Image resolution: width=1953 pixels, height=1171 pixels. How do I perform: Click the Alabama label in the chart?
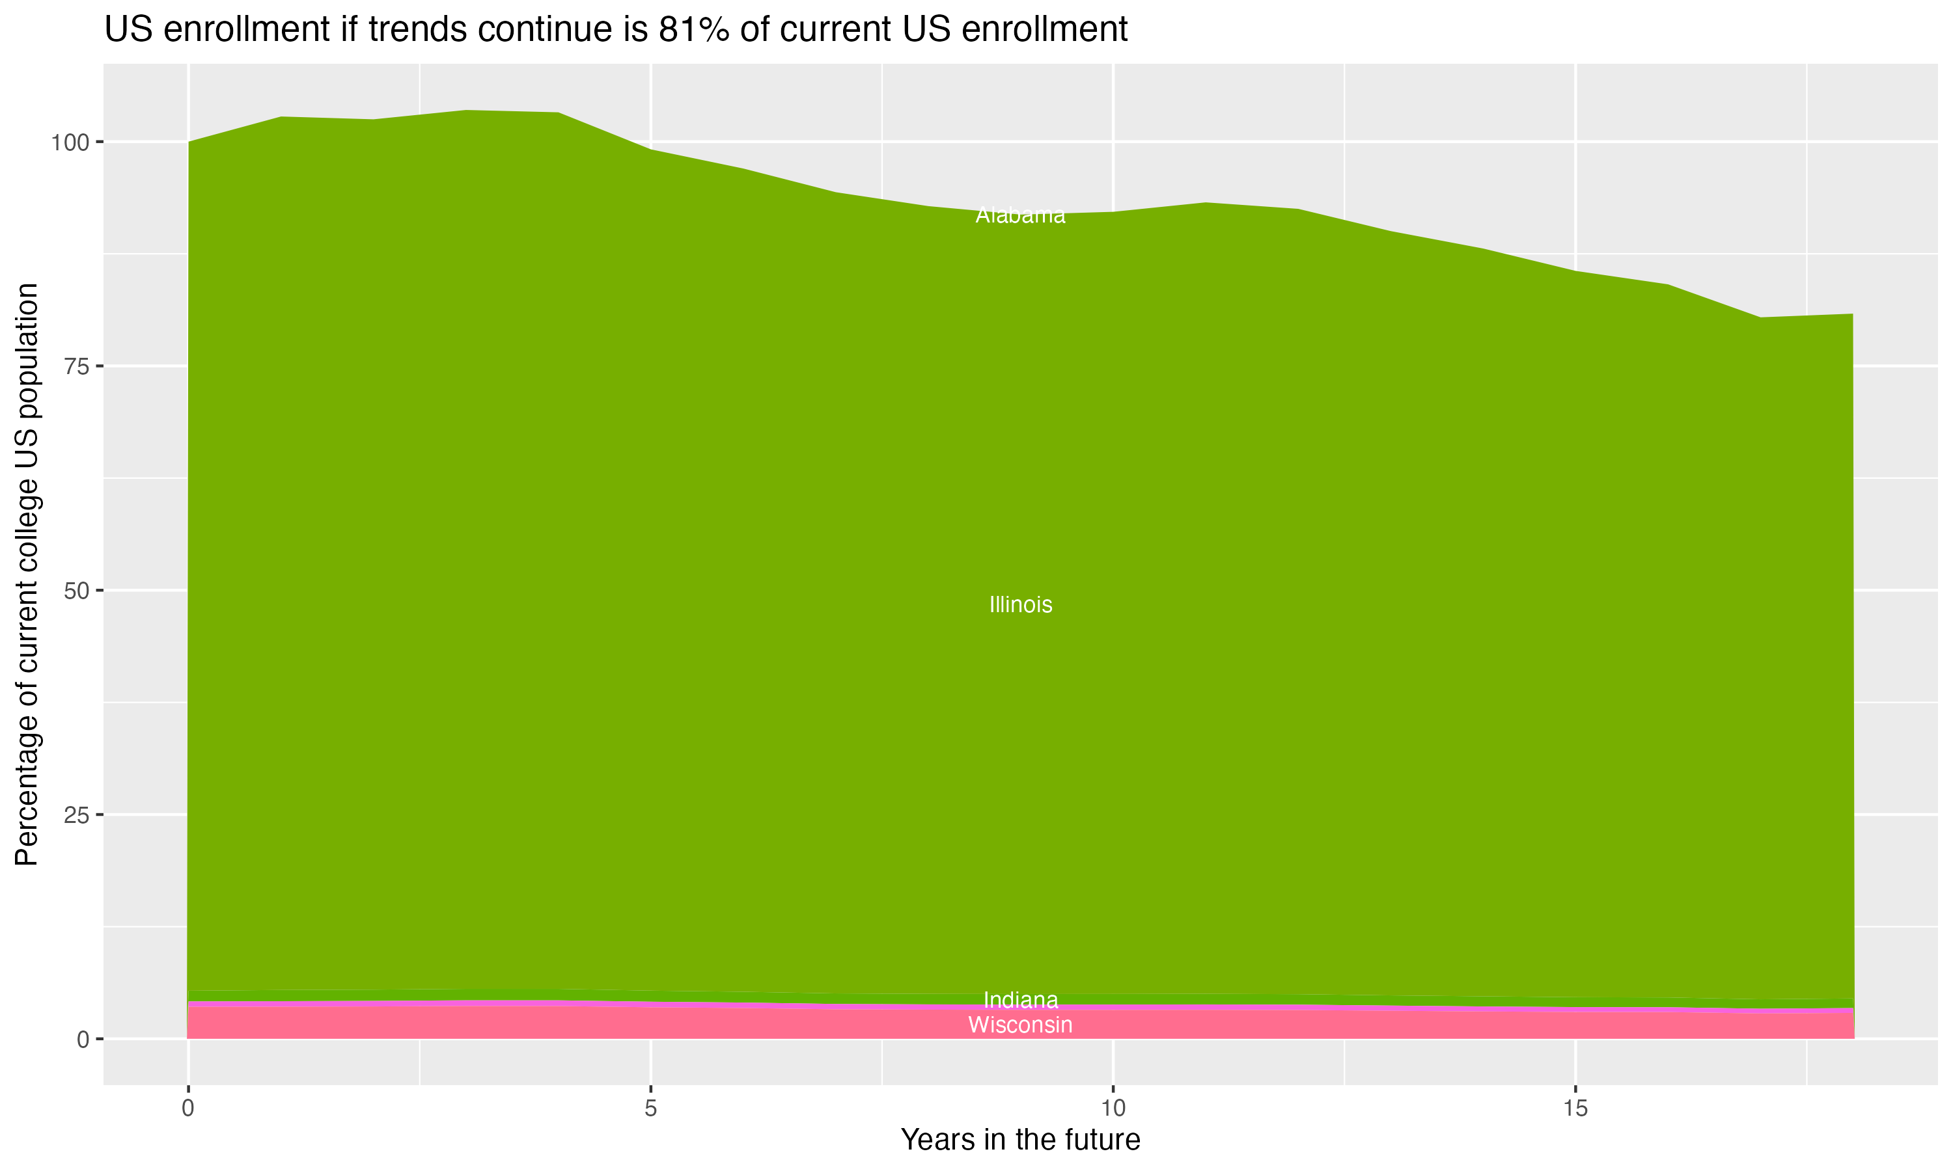(x=1020, y=215)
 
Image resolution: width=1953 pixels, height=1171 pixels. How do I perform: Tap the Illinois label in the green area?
(x=1020, y=605)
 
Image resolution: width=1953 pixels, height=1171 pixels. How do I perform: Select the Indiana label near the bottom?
(x=1020, y=1001)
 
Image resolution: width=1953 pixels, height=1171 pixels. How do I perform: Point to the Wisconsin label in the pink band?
(x=1020, y=1025)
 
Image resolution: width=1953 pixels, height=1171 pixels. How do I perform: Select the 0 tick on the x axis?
(x=188, y=1109)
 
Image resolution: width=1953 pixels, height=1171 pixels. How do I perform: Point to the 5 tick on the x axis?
(x=650, y=1109)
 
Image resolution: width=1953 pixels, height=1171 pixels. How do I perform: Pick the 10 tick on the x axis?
(x=1113, y=1109)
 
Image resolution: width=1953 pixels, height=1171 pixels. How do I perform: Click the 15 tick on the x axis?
(x=1575, y=1109)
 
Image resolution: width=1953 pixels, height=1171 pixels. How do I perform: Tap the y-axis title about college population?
(x=27, y=574)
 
